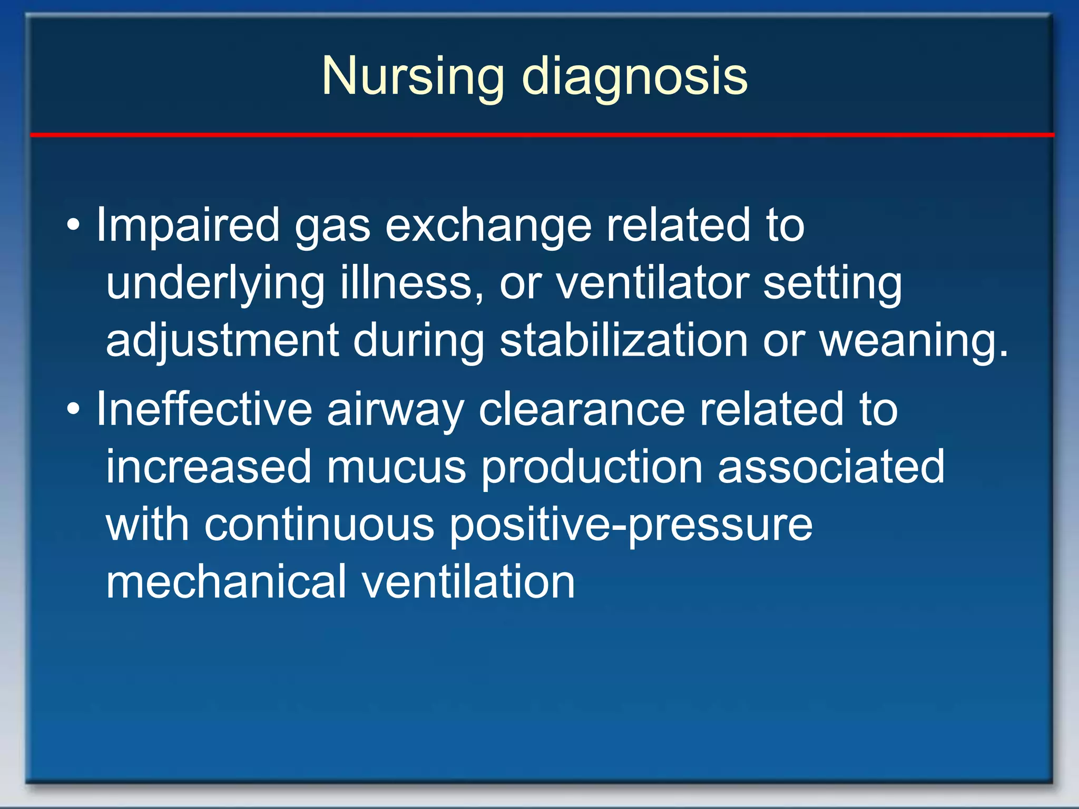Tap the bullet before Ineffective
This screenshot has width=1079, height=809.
tap(74, 409)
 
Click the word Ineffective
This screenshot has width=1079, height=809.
tap(204, 409)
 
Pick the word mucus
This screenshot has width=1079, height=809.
tap(396, 467)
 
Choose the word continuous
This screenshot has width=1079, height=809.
tap(319, 525)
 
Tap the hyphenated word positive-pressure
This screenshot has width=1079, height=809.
tap(631, 526)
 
